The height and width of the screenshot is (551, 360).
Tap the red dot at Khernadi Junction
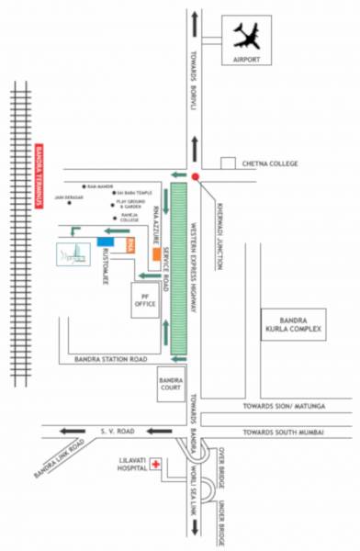[196, 175]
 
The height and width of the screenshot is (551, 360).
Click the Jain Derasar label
[70, 197]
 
